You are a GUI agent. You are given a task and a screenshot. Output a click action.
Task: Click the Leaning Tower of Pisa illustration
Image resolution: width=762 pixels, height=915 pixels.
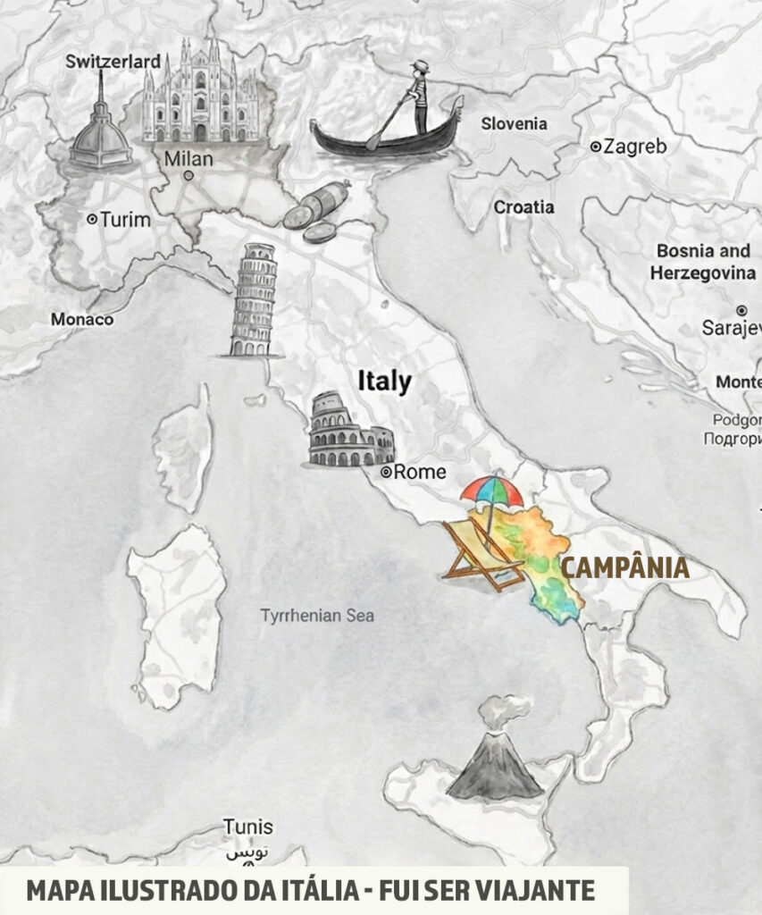(x=253, y=301)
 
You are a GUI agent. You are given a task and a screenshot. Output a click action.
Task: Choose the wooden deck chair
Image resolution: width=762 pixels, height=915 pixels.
(x=482, y=556)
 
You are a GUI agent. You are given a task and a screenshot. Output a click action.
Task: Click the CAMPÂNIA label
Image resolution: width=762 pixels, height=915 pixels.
(x=624, y=567)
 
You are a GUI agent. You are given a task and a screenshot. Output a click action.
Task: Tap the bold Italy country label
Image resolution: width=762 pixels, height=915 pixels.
(x=384, y=382)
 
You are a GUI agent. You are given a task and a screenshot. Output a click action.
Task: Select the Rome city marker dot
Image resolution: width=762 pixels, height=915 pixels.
(x=387, y=472)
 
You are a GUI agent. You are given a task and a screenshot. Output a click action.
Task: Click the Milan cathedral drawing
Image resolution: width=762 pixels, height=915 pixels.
(x=200, y=94)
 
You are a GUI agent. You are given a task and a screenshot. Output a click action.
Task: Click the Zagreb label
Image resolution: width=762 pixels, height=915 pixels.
(x=634, y=147)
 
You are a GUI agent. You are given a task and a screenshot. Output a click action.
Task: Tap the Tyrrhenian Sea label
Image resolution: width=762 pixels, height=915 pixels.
(x=317, y=616)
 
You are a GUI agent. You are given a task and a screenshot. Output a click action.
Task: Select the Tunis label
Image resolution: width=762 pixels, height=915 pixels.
(x=248, y=827)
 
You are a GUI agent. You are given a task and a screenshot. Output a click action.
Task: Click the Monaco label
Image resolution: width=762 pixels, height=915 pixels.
(x=82, y=319)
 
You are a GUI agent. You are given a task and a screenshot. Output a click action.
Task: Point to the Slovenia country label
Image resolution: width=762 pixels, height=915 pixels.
(x=514, y=124)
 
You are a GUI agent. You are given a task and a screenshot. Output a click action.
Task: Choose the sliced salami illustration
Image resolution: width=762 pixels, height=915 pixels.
(x=316, y=213)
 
